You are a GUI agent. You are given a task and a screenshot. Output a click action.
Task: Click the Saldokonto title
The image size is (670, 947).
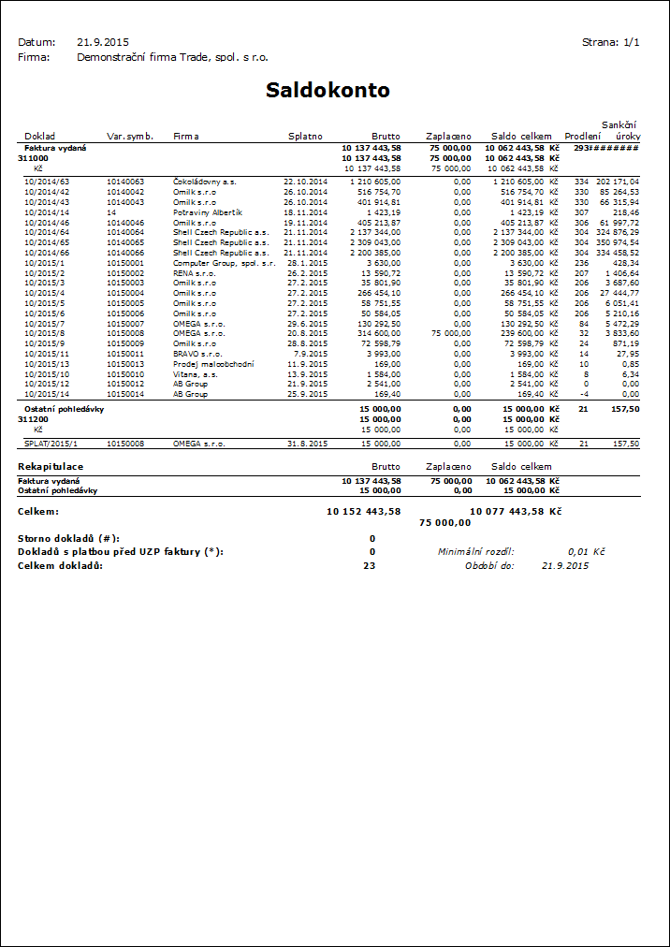328,91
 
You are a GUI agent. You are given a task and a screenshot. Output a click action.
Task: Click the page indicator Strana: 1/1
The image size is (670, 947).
610,42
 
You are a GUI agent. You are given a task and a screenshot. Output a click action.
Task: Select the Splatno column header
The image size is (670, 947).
305,137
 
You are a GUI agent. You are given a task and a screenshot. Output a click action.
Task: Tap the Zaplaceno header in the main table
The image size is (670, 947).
448,137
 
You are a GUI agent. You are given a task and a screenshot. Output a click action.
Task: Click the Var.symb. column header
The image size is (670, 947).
130,137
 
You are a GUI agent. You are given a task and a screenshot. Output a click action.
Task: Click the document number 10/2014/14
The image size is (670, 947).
47,212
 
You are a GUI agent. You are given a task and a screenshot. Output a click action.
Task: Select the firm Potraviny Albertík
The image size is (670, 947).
208,212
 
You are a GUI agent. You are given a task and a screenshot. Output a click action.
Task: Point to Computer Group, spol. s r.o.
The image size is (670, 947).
224,263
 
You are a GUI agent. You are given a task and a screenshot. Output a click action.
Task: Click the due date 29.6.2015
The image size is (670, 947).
308,324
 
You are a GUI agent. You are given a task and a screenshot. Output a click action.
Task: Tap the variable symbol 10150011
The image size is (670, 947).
125,355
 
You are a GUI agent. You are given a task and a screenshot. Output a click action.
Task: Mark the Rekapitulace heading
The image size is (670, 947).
51,466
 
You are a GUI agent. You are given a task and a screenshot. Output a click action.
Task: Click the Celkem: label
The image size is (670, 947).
38,512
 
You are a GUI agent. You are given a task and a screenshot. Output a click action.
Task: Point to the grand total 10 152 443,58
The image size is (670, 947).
363,512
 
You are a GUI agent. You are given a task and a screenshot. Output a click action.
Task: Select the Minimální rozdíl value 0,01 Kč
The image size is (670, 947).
587,552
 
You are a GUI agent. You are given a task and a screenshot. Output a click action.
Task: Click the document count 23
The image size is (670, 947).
370,565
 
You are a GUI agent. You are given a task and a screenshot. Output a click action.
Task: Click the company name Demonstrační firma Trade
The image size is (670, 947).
172,57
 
